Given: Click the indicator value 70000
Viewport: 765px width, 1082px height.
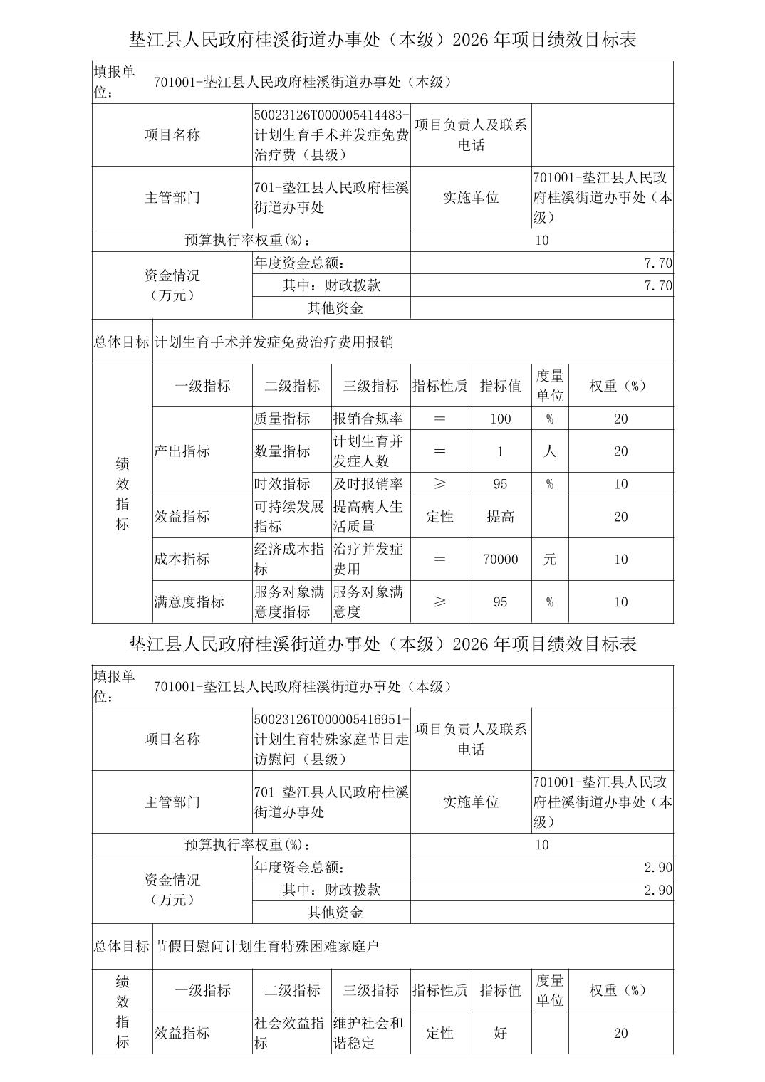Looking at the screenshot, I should pyautogui.click(x=500, y=560).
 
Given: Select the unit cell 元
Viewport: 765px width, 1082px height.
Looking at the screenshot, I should pyautogui.click(x=550, y=560).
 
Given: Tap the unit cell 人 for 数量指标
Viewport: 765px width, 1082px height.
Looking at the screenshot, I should pyautogui.click(x=550, y=451).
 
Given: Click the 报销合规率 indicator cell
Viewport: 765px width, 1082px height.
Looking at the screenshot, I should pyautogui.click(x=368, y=419).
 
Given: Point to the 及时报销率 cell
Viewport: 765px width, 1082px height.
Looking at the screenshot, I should pyautogui.click(x=368, y=484).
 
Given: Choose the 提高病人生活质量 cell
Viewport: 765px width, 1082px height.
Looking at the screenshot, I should pyautogui.click(x=368, y=517).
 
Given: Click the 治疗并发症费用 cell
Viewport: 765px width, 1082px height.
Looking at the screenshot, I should pyautogui.click(x=368, y=560).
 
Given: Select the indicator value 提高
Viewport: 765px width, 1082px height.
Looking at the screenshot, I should pyautogui.click(x=500, y=517).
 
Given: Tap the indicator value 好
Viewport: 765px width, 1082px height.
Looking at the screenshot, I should pyautogui.click(x=500, y=1033).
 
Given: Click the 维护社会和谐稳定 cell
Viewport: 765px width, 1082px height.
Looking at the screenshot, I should pyautogui.click(x=368, y=1033).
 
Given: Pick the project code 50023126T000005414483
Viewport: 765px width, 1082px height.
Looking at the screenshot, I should pyautogui.click(x=331, y=115).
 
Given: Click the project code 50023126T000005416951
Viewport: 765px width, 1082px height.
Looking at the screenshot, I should pyautogui.click(x=331, y=719).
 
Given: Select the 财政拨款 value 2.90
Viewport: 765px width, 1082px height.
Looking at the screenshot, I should pyautogui.click(x=657, y=891).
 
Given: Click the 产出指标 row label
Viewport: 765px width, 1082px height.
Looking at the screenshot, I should pyautogui.click(x=182, y=451).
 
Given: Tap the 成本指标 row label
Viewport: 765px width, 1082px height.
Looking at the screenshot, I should pyautogui.click(x=182, y=560).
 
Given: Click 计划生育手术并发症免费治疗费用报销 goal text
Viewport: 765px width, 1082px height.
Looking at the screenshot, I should pyautogui.click(x=274, y=342).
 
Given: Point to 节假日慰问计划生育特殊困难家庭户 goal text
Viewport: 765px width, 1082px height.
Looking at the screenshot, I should pyautogui.click(x=267, y=947).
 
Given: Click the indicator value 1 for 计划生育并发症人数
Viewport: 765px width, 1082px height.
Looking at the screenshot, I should pyautogui.click(x=500, y=451).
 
